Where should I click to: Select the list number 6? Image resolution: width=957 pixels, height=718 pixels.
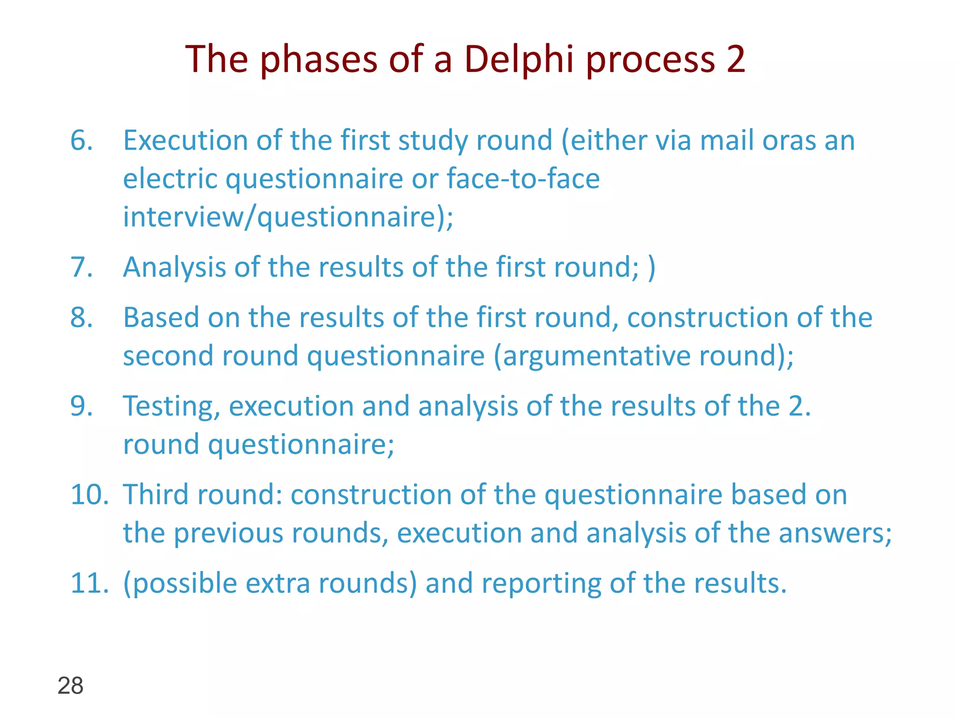(x=81, y=140)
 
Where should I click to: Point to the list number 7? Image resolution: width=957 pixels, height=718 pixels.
(x=81, y=267)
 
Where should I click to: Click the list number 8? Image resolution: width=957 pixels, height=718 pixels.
(x=81, y=318)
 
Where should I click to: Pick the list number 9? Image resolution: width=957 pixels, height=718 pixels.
(x=81, y=406)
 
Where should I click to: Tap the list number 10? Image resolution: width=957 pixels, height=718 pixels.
(x=89, y=495)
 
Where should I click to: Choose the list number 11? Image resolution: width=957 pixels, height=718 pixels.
(x=89, y=583)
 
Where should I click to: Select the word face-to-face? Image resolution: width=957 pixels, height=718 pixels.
(x=523, y=179)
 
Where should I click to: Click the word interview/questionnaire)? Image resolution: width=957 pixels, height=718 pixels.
(x=288, y=217)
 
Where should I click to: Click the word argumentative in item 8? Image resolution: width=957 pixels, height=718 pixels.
(x=596, y=356)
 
